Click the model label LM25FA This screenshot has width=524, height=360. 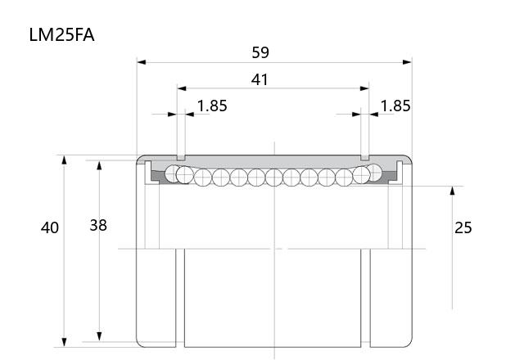click(62, 35)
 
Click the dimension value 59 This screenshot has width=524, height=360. click(260, 52)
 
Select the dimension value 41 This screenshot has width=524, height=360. click(260, 79)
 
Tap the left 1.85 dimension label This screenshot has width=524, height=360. click(212, 106)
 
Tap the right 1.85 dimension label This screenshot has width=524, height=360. click(395, 106)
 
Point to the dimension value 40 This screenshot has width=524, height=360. click(50, 227)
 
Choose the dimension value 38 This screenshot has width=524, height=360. click(98, 226)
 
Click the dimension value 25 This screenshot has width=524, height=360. click(463, 227)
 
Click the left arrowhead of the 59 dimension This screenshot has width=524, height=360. click(142, 62)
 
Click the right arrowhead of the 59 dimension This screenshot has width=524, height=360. click(408, 62)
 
